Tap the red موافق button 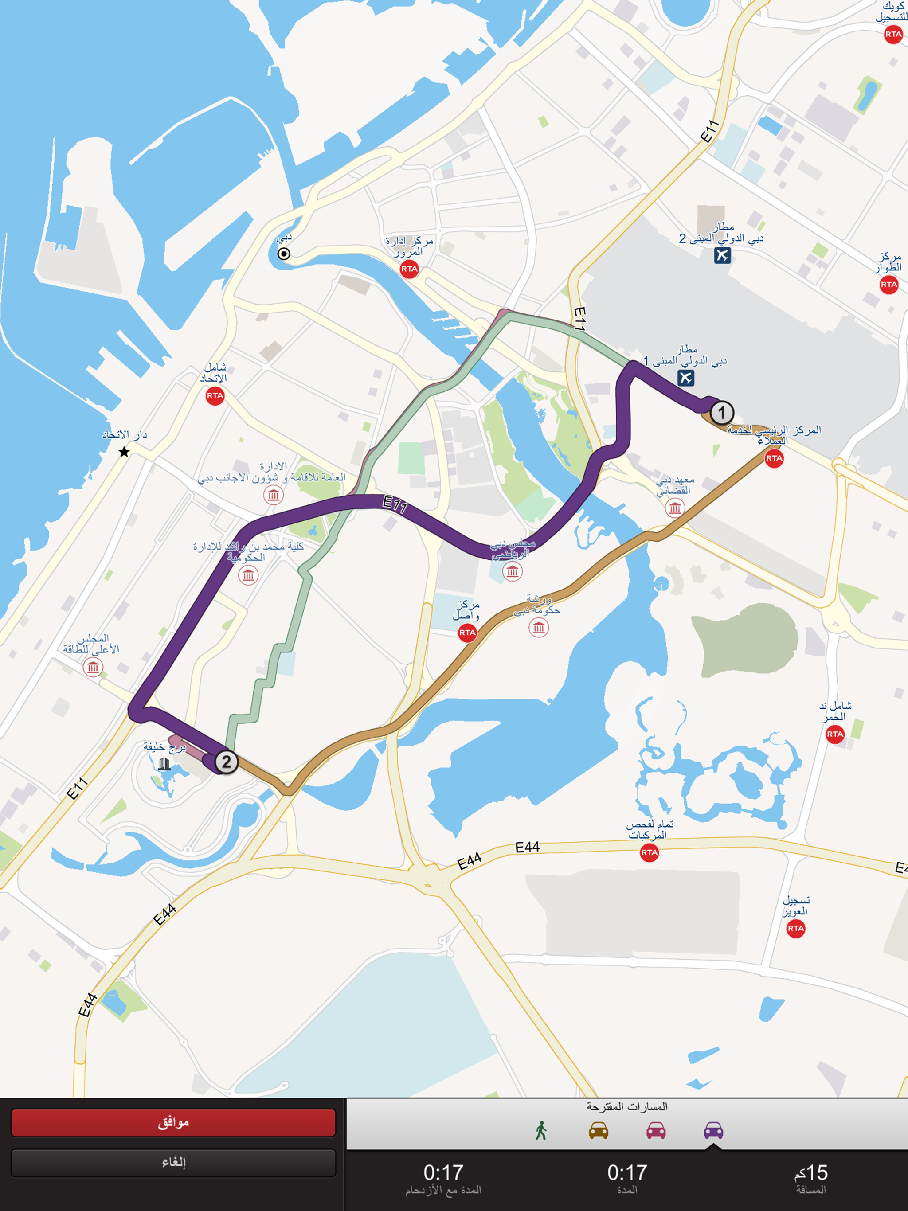(x=173, y=1123)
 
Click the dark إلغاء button (x=173, y=1162)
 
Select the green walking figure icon (x=541, y=1130)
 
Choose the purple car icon (x=713, y=1130)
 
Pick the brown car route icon (x=599, y=1130)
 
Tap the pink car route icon (x=656, y=1130)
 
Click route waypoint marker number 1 (x=722, y=413)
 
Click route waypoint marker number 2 (x=226, y=762)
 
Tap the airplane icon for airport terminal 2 (x=722, y=255)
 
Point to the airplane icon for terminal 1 (x=685, y=378)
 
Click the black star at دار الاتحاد (x=124, y=452)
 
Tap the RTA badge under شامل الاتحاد (x=215, y=396)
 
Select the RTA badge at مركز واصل (x=467, y=633)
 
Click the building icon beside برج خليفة (x=164, y=764)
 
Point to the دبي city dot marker (x=284, y=254)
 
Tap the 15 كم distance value (x=811, y=1173)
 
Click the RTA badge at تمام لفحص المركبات (x=649, y=852)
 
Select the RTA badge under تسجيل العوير (x=796, y=929)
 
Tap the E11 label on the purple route (x=395, y=504)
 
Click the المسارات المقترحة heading (x=627, y=1106)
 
